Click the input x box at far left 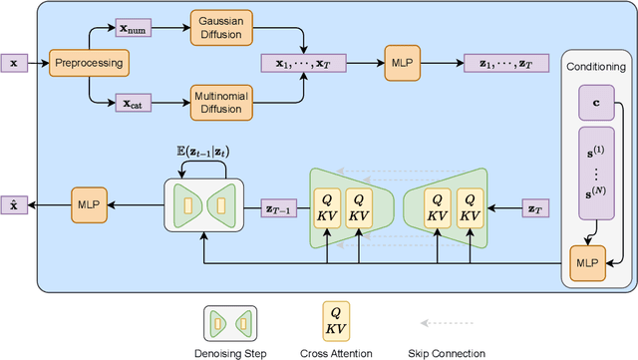(x=13, y=62)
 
